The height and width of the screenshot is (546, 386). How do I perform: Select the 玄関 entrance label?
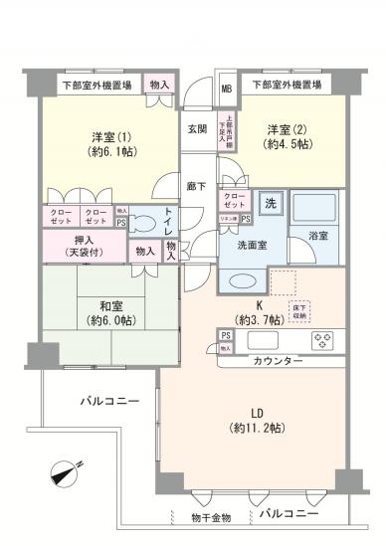tap(197, 129)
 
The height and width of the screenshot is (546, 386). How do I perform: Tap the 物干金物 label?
tap(210, 518)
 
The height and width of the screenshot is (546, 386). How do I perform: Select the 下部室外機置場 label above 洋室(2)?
tap(287, 86)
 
